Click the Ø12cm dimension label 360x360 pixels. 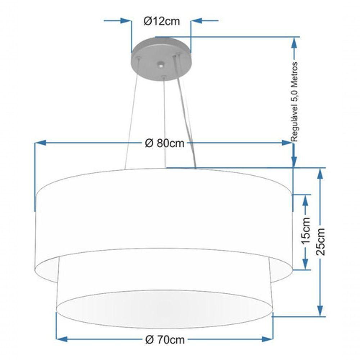[x=161, y=21]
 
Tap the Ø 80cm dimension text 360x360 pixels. [x=165, y=143]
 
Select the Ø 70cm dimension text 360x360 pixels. [x=165, y=339]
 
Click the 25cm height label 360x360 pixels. [x=321, y=242]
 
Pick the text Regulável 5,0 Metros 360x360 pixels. [x=294, y=102]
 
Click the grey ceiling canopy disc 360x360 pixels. [x=161, y=59]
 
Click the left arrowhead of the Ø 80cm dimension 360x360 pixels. [x=41, y=143]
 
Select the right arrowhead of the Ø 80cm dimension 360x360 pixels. [x=287, y=143]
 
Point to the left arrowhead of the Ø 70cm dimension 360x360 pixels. [x=62, y=339]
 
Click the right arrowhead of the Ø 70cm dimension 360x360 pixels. [x=267, y=339]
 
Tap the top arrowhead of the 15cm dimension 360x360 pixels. [x=305, y=200]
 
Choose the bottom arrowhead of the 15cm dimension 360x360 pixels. [x=305, y=264]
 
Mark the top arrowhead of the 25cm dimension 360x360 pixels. [x=320, y=174]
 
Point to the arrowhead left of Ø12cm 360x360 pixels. [x=126, y=21]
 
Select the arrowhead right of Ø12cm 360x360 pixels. [x=197, y=21]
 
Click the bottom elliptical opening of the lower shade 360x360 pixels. [x=165, y=309]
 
